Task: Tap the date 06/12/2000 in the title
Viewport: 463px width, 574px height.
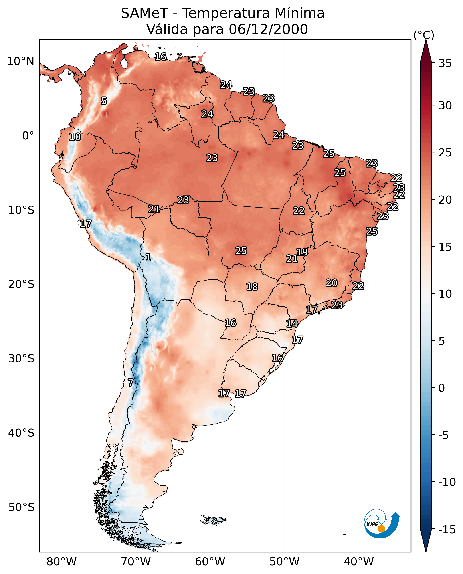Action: [x=268, y=29]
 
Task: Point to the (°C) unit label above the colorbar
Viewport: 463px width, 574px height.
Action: [x=424, y=35]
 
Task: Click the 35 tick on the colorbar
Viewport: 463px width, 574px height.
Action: [x=445, y=64]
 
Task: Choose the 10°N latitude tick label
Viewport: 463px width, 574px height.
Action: [x=21, y=62]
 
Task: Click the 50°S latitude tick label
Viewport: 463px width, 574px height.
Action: [x=21, y=507]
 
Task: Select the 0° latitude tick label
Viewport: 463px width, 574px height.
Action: [x=28, y=136]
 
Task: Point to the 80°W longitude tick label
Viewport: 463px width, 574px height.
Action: [x=62, y=562]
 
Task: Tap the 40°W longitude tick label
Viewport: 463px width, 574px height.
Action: [x=359, y=562]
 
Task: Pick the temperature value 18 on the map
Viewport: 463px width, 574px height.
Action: [x=252, y=287]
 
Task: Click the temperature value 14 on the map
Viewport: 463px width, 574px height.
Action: [x=292, y=324]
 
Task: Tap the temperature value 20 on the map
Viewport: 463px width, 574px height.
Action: [x=332, y=283]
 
